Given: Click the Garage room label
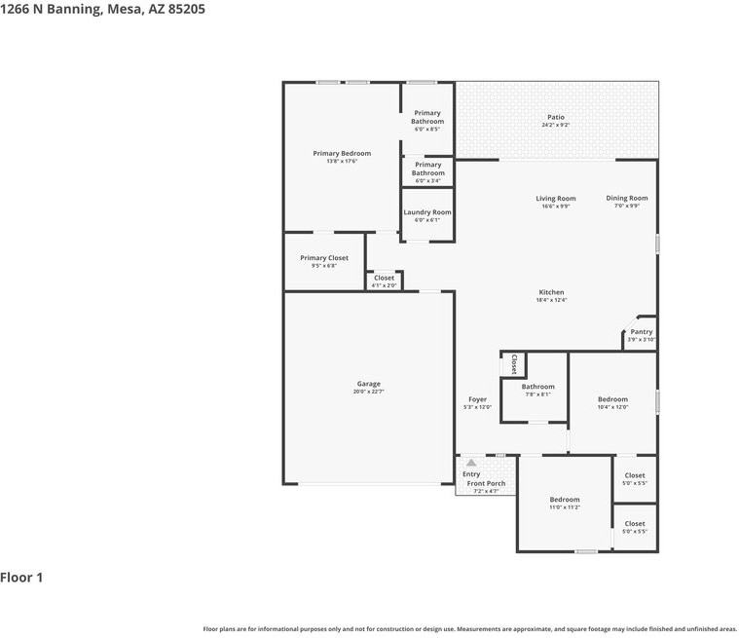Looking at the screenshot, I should pyautogui.click(x=368, y=384).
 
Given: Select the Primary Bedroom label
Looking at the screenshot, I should pyautogui.click(x=342, y=153).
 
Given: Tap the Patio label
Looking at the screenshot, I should pyautogui.click(x=555, y=117).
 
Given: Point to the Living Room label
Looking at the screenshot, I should pyautogui.click(x=555, y=199).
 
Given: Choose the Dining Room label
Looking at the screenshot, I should pyautogui.click(x=626, y=198).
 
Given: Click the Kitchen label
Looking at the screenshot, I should pyautogui.click(x=551, y=292).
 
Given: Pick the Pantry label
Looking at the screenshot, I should pyautogui.click(x=641, y=331).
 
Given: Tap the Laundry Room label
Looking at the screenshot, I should pyautogui.click(x=427, y=212).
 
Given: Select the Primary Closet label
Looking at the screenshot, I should pyautogui.click(x=323, y=258).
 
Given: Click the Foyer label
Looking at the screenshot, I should pyautogui.click(x=477, y=399).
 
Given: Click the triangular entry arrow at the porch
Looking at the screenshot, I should pyautogui.click(x=471, y=463).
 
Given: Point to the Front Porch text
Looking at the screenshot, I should pyautogui.click(x=486, y=483).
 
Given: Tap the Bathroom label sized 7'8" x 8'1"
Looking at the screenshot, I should pyautogui.click(x=537, y=387).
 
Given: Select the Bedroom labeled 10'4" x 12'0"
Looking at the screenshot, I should pyautogui.click(x=612, y=399).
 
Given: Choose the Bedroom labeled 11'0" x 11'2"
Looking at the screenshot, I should pyautogui.click(x=564, y=500).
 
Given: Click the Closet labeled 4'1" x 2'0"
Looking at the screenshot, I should pyautogui.click(x=385, y=279).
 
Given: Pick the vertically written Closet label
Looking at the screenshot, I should pyautogui.click(x=514, y=364).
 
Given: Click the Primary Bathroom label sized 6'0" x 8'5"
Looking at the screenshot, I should pyautogui.click(x=427, y=117).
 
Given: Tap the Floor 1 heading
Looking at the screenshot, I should pyautogui.click(x=21, y=578).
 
